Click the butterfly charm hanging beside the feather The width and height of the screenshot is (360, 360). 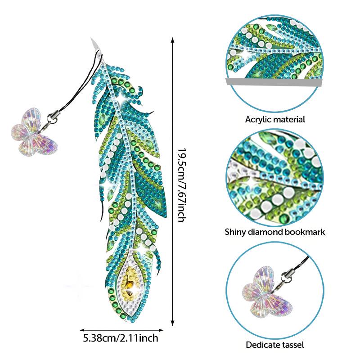(x=35, y=132)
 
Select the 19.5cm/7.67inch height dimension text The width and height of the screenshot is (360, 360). (x=182, y=185)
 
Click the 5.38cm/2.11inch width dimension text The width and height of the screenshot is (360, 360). (x=121, y=338)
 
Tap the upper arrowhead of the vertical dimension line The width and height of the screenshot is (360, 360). (x=173, y=40)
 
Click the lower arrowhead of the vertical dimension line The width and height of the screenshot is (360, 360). (x=173, y=323)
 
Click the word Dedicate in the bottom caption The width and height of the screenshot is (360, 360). (x=262, y=345)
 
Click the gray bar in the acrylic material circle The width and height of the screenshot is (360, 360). (x=274, y=82)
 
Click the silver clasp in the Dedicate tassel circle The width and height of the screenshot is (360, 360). (x=286, y=277)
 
